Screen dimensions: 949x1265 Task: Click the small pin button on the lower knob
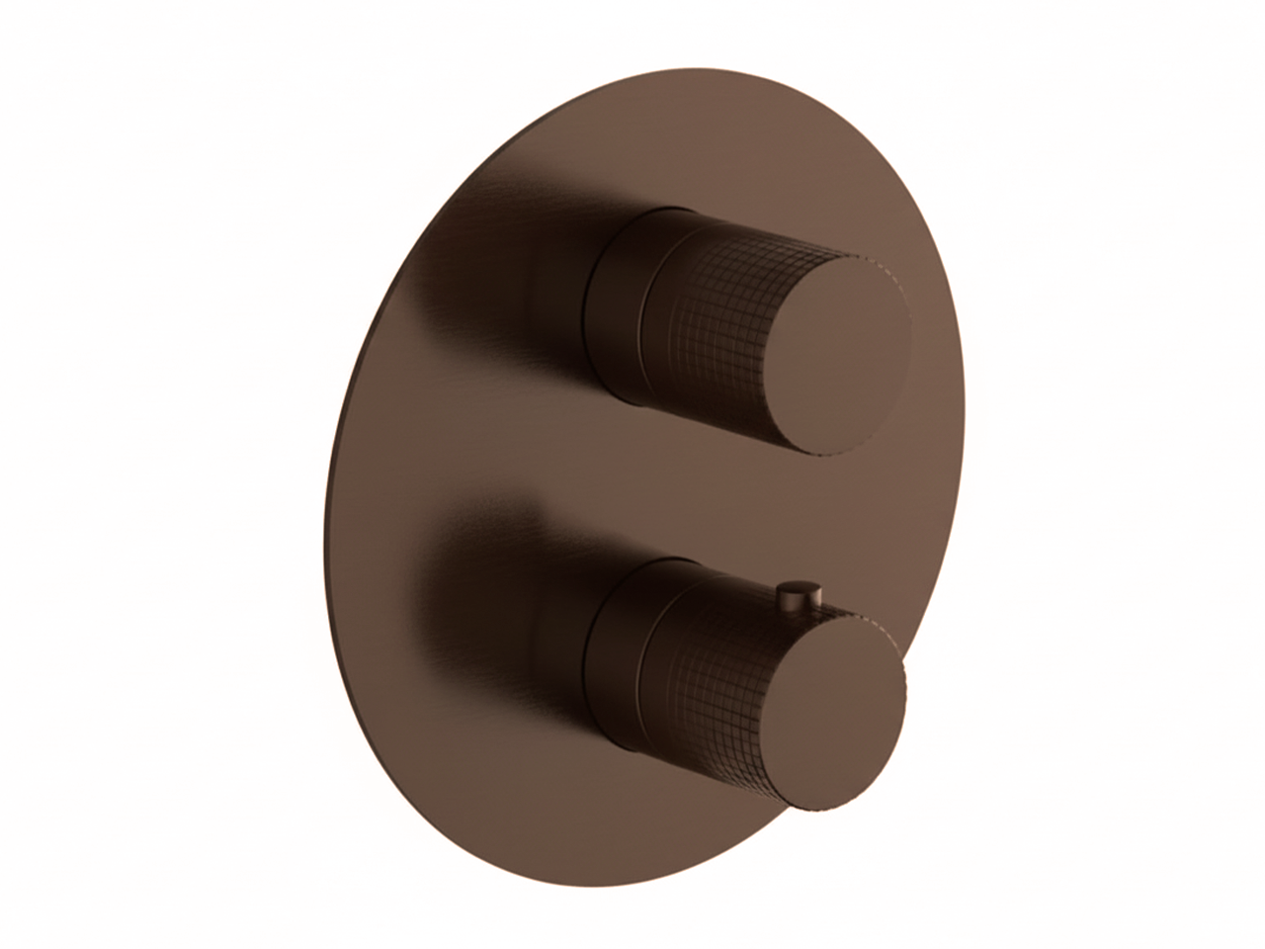tap(794, 594)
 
